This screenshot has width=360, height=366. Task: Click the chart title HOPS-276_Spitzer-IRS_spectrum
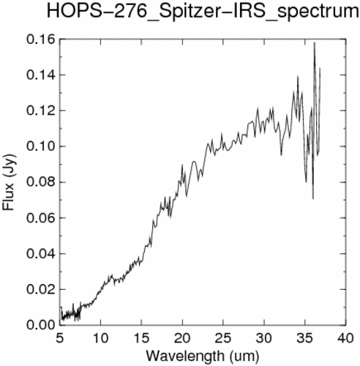(203, 12)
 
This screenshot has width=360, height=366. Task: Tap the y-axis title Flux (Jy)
(9, 182)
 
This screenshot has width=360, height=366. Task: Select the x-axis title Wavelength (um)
(203, 356)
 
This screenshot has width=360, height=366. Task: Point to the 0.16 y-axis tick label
(40, 40)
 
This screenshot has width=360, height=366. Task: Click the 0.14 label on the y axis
(40, 75)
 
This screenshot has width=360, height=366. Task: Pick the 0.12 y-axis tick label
(40, 111)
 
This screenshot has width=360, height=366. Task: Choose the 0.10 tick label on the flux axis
(40, 146)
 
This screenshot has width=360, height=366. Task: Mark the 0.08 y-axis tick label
(40, 182)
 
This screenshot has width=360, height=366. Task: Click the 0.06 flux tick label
(40, 218)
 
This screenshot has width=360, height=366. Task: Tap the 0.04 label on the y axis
(40, 254)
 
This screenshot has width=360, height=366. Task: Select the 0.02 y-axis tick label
(40, 290)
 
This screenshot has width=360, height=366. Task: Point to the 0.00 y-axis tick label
(40, 325)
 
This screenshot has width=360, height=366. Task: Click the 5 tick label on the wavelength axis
(60, 338)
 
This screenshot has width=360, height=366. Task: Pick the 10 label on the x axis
(100, 338)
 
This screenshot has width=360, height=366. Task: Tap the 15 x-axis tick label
(142, 338)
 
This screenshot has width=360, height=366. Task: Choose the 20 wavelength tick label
(182, 338)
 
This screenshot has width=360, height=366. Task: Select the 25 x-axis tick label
(223, 338)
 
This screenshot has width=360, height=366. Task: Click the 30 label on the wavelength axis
(264, 338)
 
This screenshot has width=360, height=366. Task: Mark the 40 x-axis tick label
(346, 338)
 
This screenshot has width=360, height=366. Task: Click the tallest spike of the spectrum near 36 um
(315, 43)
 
